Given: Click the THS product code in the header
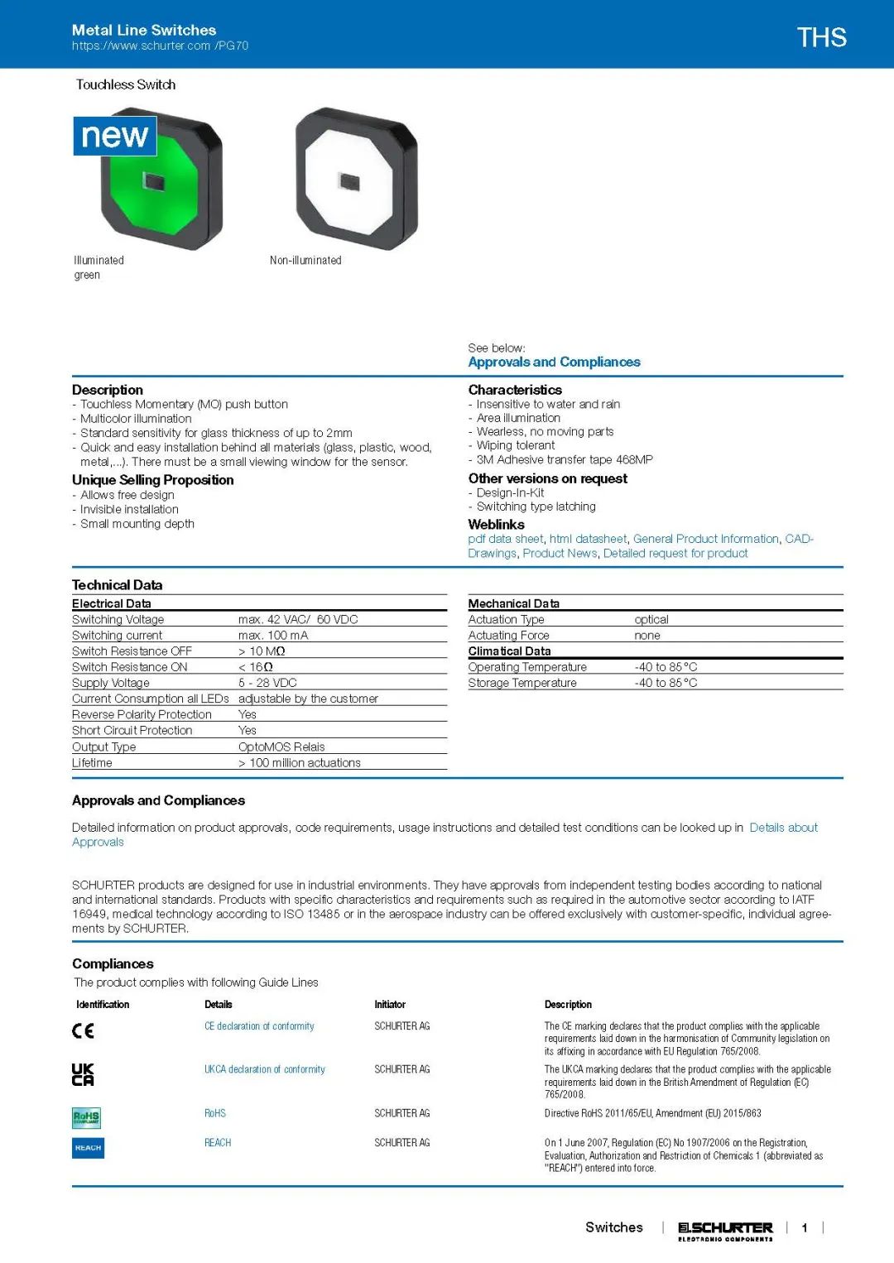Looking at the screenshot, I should click(821, 37).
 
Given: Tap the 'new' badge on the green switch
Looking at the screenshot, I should click(115, 136).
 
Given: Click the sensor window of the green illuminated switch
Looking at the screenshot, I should click(154, 180).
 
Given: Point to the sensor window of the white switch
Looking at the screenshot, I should click(349, 180).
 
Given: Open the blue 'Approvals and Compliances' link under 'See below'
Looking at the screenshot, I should click(554, 362).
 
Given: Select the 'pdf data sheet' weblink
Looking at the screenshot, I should click(506, 539).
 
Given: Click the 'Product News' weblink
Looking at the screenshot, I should click(560, 553).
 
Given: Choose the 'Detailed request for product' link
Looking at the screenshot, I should click(675, 553).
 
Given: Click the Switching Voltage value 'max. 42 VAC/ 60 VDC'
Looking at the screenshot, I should click(298, 619).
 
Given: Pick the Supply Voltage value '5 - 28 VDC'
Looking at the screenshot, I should click(267, 683).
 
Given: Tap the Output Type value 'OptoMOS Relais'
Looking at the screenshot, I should click(281, 747).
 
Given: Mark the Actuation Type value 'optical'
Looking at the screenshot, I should click(651, 619).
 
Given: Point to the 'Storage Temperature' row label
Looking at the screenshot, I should click(522, 683).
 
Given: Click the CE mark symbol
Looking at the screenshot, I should click(83, 1030).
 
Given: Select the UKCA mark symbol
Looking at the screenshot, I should click(83, 1074).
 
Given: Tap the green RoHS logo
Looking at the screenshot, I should click(86, 1117).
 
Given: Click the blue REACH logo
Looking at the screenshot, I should click(88, 1148).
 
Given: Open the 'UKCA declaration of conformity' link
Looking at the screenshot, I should click(265, 1069).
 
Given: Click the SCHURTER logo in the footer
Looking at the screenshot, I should click(725, 1229).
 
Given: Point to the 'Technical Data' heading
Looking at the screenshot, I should click(117, 585).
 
